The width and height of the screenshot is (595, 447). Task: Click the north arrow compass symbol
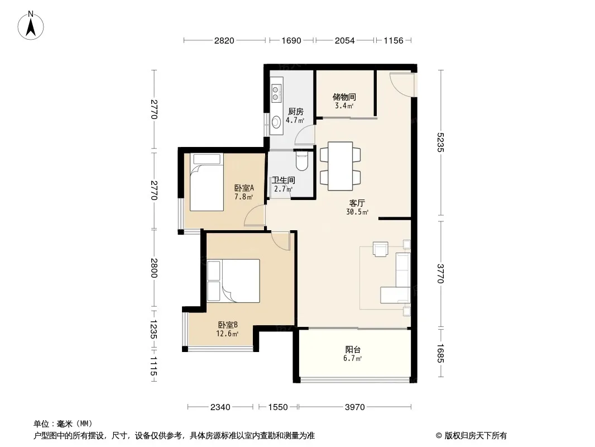31,25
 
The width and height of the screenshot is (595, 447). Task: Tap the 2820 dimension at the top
224,40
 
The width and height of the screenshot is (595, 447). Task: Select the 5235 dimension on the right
440,142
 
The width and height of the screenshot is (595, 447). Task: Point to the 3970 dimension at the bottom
355,407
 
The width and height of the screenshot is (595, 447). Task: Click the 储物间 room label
344,97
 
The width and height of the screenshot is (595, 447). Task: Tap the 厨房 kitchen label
296,112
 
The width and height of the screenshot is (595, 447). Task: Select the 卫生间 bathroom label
284,180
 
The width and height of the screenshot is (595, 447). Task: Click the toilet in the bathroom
302,161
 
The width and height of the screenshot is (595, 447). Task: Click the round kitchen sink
275,122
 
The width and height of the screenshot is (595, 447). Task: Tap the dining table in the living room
340,166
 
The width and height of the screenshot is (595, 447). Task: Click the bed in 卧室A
207,182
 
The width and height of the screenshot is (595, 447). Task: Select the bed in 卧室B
233,280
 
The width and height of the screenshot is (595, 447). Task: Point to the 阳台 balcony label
353,349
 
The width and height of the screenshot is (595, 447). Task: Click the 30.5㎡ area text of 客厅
357,212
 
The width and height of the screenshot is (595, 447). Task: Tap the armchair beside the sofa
381,249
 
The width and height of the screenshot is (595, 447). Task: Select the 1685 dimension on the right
440,353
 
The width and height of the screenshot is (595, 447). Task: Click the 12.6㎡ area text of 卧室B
227,334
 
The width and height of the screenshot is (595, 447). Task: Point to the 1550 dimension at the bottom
278,407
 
